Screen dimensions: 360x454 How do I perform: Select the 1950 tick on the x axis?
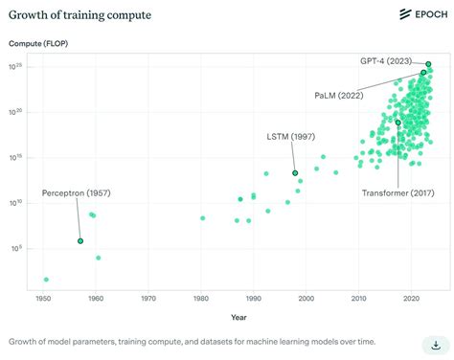[x=44, y=300]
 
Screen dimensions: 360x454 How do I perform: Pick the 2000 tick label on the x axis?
[x=306, y=300]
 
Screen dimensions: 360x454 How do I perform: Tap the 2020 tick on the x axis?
[x=411, y=300]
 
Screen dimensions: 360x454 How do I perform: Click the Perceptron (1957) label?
[x=76, y=193]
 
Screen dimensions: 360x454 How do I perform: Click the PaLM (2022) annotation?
[x=339, y=96]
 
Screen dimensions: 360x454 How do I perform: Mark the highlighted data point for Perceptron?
[x=80, y=241]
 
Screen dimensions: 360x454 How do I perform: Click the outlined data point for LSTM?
[x=295, y=173]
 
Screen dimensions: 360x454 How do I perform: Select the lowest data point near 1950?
[x=46, y=280]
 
